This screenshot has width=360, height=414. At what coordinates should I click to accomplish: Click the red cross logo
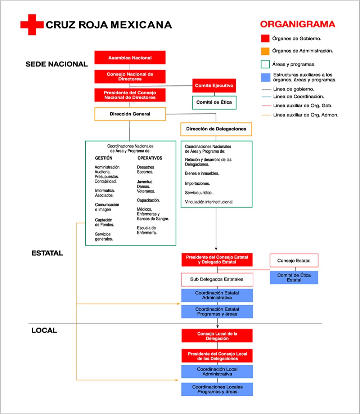(32, 24)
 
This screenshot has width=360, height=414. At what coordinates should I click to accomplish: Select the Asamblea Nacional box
(130, 58)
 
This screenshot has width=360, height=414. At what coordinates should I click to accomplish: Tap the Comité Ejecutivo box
(214, 86)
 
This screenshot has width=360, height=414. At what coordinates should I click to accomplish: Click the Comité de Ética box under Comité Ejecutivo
(214, 102)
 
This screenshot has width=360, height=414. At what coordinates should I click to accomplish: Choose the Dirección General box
(130, 114)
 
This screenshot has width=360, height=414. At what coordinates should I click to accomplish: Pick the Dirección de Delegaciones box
(216, 129)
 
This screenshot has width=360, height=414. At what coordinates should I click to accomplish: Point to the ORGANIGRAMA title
(297, 24)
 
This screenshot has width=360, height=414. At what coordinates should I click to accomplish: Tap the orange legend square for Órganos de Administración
(265, 51)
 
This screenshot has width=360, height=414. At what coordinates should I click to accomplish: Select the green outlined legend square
(265, 64)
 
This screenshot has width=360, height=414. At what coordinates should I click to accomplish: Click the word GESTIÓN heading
(104, 158)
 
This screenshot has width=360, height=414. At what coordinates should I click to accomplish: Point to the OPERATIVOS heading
(150, 158)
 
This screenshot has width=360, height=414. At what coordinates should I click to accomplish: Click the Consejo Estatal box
(294, 260)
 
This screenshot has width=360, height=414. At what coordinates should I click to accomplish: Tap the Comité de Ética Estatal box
(294, 278)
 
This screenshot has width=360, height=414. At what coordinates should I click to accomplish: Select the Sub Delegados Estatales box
(217, 279)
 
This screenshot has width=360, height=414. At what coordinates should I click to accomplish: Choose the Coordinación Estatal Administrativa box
(217, 295)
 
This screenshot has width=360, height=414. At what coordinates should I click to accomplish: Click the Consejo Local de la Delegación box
(217, 336)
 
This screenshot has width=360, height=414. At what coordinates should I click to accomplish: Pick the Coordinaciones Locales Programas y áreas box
(217, 389)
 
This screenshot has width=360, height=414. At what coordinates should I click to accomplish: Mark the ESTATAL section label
(47, 253)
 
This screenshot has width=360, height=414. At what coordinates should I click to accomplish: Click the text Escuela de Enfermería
(147, 230)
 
